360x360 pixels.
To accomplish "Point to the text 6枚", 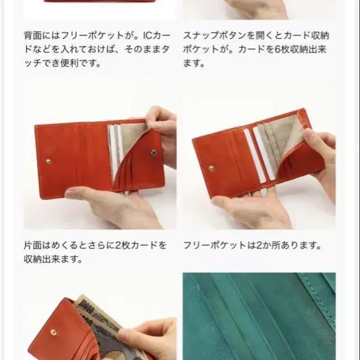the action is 281,49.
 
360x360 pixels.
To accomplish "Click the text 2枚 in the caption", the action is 123,246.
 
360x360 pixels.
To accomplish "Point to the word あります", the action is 301,246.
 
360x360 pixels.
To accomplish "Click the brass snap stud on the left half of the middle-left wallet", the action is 48,161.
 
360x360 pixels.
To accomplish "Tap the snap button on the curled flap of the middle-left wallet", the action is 154,153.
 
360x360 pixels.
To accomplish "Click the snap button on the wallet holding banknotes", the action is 53,332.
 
